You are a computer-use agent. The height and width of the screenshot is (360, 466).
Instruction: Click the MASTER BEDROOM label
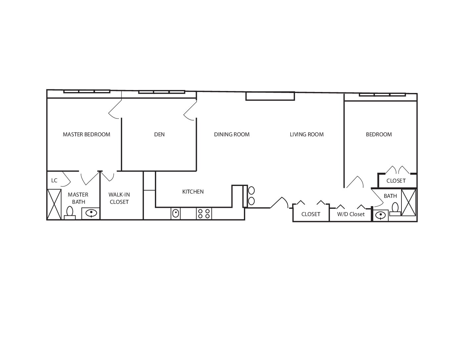pos(86,134)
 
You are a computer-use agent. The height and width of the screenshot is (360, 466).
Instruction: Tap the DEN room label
pos(159,134)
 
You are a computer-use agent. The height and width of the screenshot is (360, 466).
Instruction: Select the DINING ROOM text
pos(232,134)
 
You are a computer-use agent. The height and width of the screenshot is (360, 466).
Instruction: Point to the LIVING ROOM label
pos(307,134)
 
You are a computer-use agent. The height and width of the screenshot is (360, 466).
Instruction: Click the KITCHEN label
pos(193,192)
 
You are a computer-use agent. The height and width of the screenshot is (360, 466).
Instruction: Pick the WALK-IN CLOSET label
pos(119,198)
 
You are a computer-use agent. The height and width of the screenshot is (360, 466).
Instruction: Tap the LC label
pos(54,181)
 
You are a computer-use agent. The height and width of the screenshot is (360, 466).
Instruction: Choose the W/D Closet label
pos(351,214)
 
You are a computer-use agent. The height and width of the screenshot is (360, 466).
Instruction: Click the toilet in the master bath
pos(70,213)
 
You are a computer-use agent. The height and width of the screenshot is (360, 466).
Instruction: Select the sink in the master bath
pos(91,213)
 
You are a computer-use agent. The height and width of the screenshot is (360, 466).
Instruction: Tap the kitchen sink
pos(176,213)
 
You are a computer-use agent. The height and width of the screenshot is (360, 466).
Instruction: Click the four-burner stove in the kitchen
pos(204,213)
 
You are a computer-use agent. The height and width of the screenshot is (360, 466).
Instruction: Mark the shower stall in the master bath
pos(54,204)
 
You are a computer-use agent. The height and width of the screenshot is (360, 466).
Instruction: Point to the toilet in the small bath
pos(395,209)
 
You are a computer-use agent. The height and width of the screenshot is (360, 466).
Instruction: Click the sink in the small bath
pos(381,215)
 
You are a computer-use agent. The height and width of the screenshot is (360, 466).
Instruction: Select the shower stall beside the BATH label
pos(409,202)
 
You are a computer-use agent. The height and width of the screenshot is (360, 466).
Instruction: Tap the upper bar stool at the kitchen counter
pos(251,190)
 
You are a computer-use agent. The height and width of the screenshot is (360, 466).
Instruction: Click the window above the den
pos(162,92)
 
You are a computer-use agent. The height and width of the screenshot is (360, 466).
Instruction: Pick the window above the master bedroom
pos(87,92)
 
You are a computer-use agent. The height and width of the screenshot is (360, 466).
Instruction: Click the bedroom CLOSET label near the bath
pos(396,181)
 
